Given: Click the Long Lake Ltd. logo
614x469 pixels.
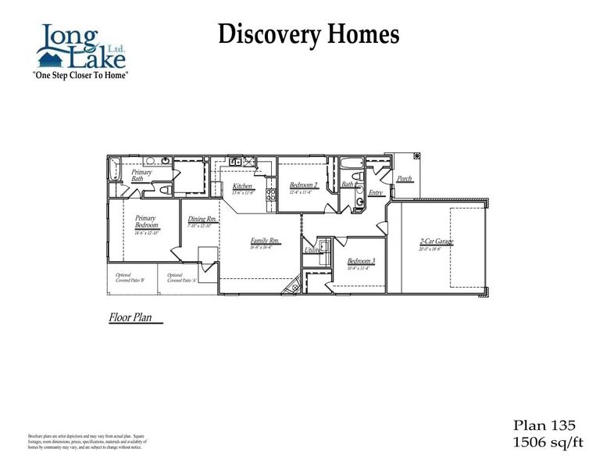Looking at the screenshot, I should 80,47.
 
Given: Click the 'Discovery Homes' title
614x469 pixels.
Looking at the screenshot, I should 309,34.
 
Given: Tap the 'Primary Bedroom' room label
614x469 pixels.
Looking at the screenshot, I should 147,222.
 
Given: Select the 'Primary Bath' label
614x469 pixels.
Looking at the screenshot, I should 141,175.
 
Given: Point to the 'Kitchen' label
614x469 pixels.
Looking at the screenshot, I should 242,186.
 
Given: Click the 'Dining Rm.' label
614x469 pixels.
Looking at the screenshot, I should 202,220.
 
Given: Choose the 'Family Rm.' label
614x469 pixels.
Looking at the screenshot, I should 265,242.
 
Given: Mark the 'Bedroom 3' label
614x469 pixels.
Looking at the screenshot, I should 362,261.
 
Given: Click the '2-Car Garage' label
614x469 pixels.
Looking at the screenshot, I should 437,242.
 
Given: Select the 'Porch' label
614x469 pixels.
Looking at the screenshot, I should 405,179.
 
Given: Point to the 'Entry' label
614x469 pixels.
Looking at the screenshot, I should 376,192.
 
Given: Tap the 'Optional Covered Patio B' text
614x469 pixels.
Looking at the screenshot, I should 126,277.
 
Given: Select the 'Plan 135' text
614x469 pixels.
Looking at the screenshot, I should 544,425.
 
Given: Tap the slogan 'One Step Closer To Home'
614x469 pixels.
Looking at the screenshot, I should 80,75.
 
